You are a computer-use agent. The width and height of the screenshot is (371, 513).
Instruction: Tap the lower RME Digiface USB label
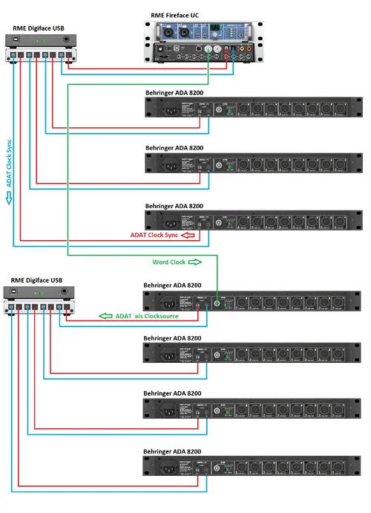coord(38,280)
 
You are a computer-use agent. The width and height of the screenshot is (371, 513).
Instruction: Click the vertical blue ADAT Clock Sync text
coord(9,163)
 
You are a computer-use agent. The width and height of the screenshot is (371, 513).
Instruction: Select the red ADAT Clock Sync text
coord(154,236)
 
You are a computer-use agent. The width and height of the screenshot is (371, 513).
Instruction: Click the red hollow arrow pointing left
coord(189,236)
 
